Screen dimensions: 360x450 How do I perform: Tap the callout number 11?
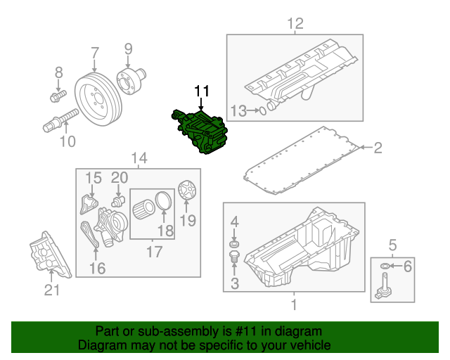click(202, 91)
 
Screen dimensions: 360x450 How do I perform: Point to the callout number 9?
click(128, 49)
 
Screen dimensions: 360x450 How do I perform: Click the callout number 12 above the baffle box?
click(295, 24)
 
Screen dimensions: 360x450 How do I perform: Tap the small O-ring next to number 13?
click(262, 109)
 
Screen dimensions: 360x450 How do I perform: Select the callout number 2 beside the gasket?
click(378, 147)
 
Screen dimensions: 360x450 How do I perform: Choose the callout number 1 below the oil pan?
click(294, 304)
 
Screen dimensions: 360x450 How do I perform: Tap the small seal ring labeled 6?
click(385, 266)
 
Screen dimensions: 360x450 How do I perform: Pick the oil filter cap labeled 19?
click(186, 192)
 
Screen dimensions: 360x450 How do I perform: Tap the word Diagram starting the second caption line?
click(101, 346)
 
